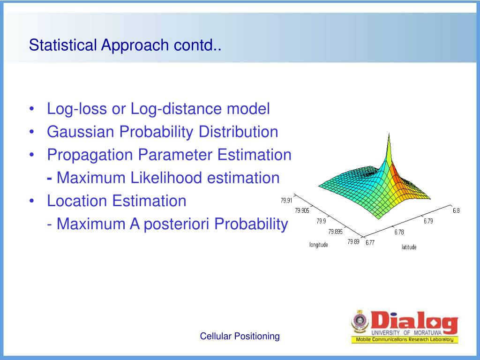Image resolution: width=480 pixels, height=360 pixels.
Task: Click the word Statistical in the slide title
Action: point(63,45)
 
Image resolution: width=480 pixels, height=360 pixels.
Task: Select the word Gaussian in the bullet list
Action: point(80,132)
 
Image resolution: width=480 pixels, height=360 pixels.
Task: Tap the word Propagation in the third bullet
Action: point(90,155)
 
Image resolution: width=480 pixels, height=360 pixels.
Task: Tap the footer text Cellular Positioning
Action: point(240,336)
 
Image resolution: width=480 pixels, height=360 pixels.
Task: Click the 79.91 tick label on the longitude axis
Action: point(286,201)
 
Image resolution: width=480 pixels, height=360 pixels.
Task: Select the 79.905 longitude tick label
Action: point(302,210)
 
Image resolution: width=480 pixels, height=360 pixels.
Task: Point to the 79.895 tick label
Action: point(335,232)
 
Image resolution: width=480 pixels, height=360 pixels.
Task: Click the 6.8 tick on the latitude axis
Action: point(456,210)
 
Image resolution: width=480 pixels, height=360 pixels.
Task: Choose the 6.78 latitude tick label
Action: point(399,232)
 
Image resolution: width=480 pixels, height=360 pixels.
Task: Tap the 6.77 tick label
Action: point(370,242)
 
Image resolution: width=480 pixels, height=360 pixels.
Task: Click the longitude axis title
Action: point(319,245)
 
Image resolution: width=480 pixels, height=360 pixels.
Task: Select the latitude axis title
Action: point(409,247)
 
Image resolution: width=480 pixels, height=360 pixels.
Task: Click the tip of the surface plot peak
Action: point(389,133)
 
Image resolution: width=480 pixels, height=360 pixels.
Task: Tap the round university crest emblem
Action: point(360,322)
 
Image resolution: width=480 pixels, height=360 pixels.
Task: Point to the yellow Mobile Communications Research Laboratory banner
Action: point(405,339)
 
